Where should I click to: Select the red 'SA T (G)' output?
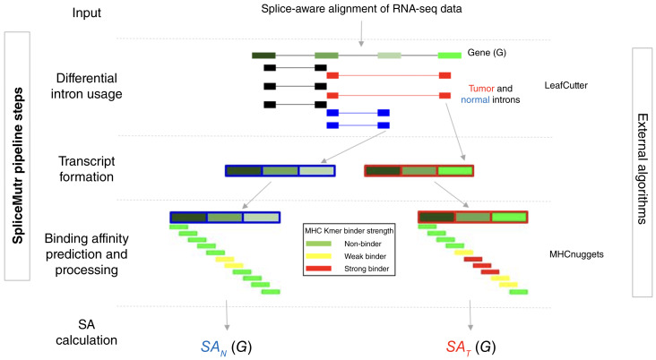coord(471,346)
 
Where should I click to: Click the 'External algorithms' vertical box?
coord(643,171)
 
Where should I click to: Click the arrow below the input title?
coord(360,32)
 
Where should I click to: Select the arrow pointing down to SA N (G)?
coord(227,315)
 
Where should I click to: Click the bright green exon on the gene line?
coord(449,56)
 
